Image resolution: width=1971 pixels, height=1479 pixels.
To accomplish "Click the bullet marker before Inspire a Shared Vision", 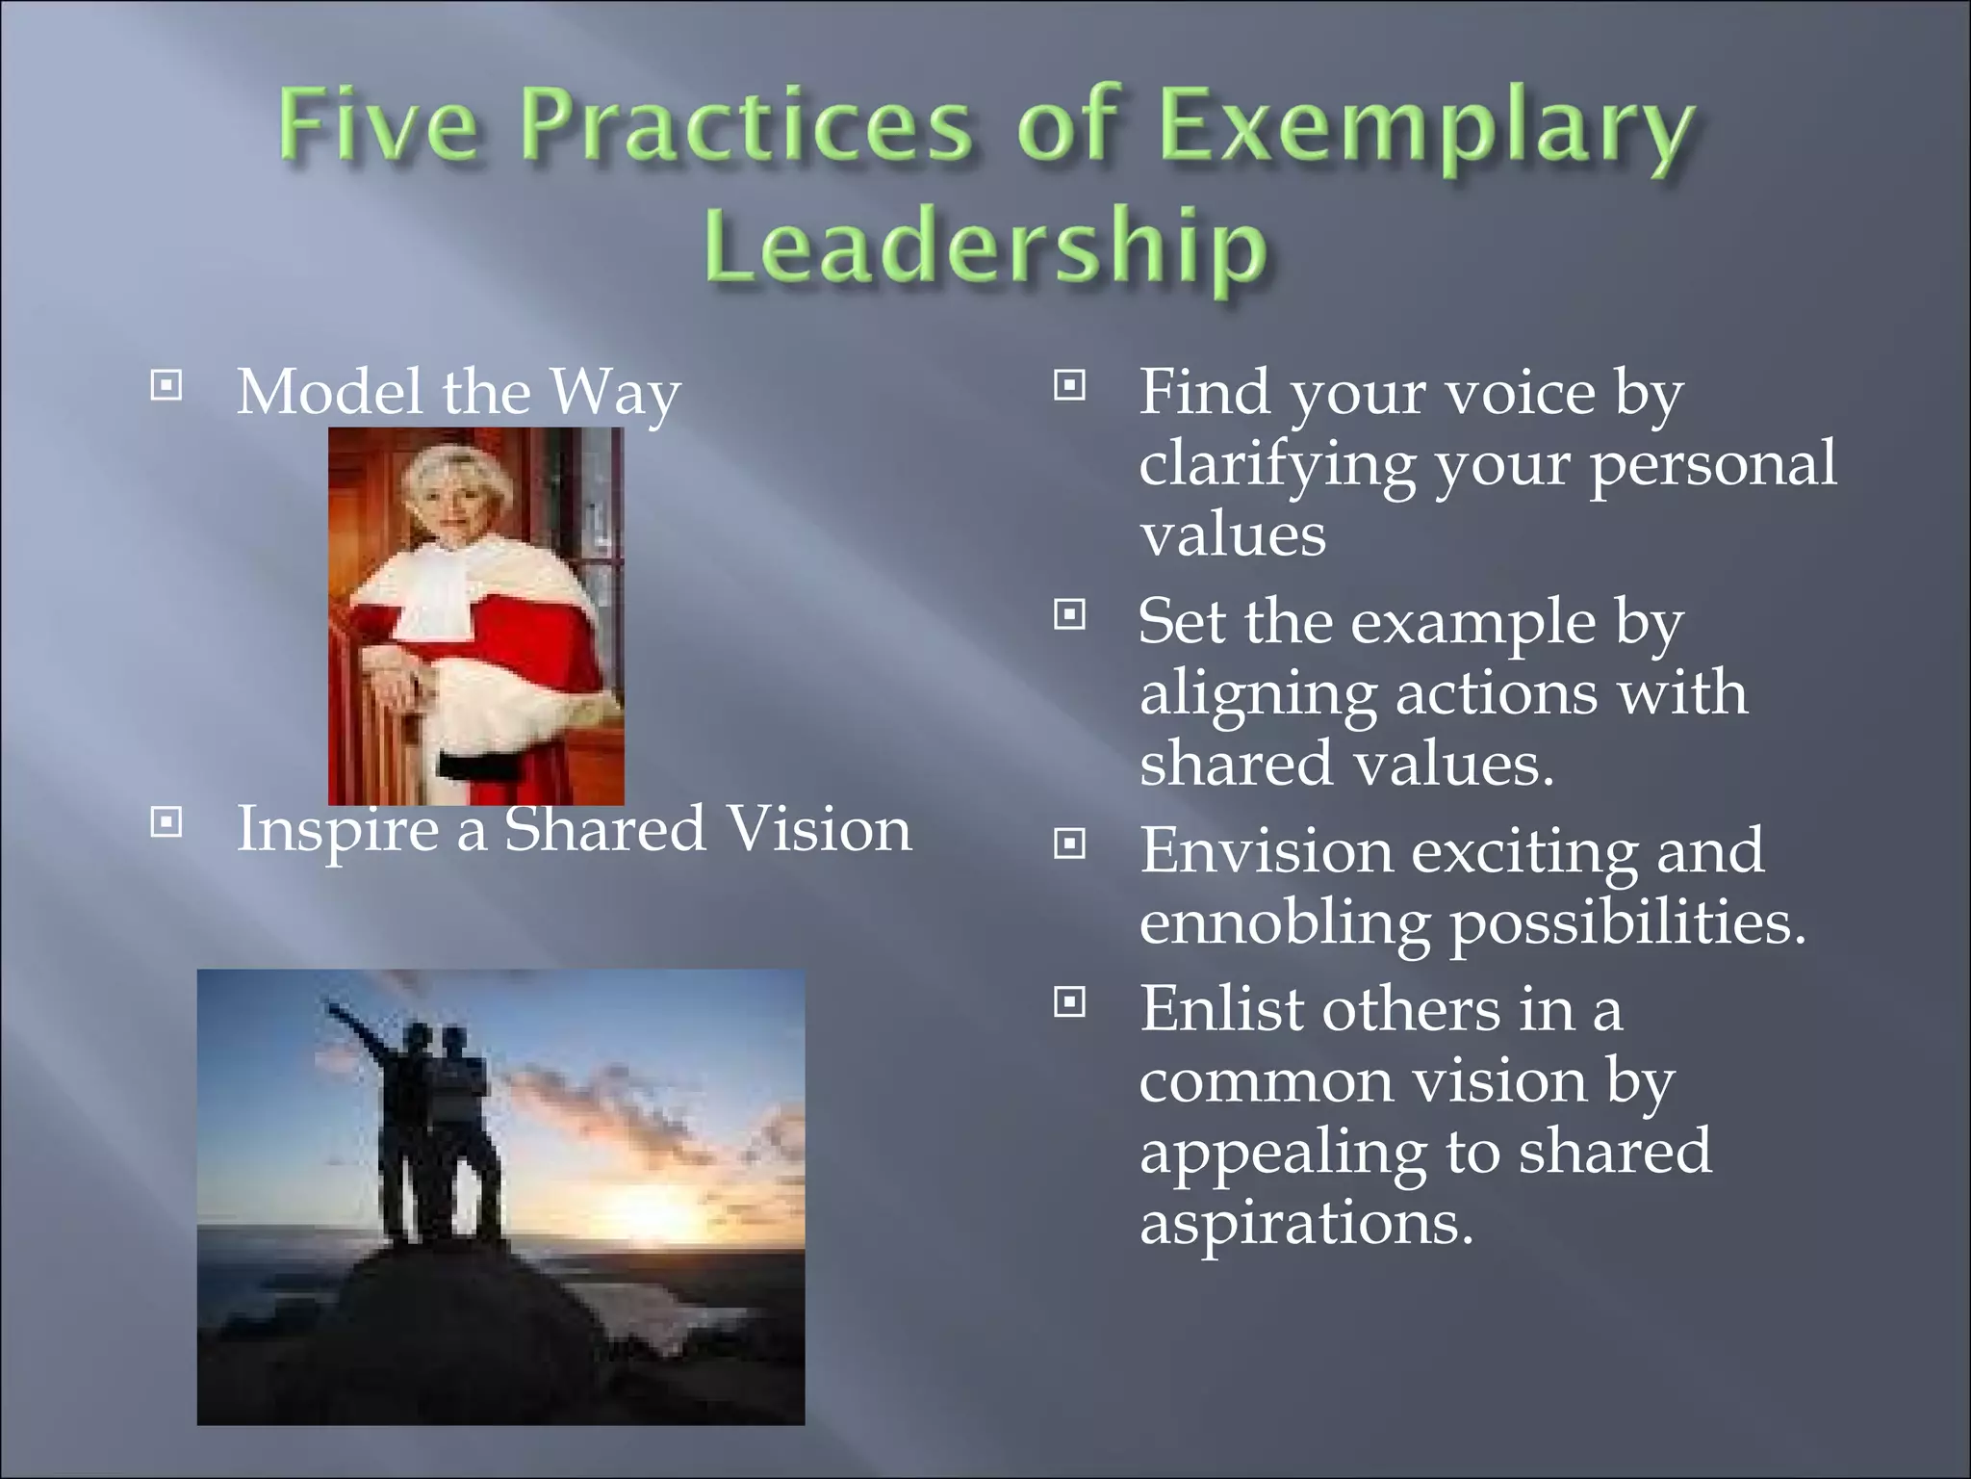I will (166, 822).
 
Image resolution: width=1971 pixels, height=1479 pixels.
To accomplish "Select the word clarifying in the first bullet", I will (1276, 464).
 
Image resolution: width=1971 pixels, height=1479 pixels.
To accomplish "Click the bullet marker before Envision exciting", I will (1069, 844).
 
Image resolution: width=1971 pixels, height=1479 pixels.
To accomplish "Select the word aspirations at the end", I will (1305, 1224).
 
